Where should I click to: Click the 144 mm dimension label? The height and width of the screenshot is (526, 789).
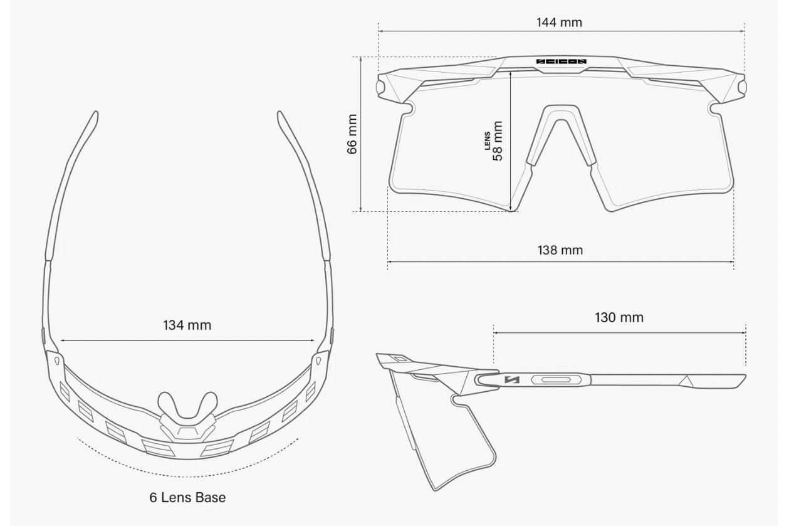point(559,23)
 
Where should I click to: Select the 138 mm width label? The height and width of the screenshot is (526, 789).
point(560,250)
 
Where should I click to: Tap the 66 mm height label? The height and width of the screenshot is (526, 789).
point(352,134)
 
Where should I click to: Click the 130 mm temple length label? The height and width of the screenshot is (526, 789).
point(619,317)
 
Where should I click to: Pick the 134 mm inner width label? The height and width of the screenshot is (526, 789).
point(187,325)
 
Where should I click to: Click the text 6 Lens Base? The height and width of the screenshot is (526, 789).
point(187,497)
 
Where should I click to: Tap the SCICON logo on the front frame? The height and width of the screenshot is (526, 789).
point(561,61)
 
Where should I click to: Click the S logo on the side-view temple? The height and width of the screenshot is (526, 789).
point(512,380)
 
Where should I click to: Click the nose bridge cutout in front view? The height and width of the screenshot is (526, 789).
point(562,135)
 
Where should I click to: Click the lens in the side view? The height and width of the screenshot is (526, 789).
point(439,433)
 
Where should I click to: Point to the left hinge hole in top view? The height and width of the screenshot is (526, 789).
point(56,360)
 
